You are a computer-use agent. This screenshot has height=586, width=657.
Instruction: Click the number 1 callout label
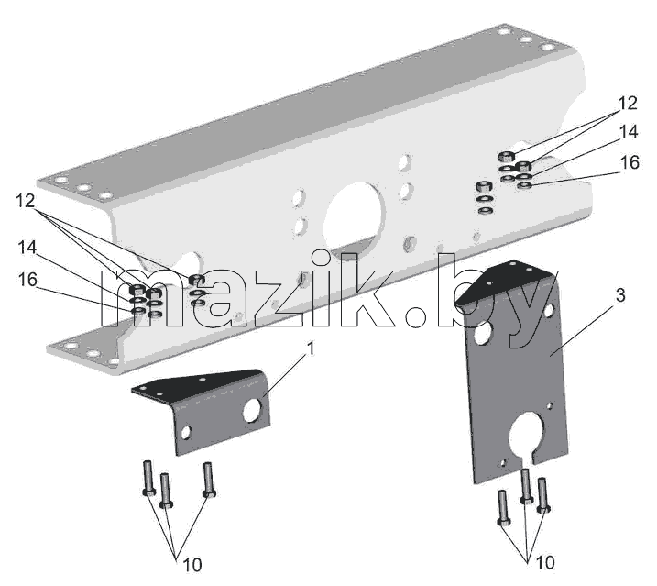pos(311,348)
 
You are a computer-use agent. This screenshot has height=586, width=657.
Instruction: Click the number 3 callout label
pos(620,295)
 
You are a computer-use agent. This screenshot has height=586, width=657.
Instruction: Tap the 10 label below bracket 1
pos(192,565)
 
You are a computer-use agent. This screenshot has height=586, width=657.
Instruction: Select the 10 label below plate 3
pos(545,562)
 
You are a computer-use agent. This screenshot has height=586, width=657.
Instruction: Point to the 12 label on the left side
pos(25,201)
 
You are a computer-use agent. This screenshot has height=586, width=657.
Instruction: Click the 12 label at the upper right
pos(628,104)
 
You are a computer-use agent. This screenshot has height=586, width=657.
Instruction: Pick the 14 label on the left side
pos(27,247)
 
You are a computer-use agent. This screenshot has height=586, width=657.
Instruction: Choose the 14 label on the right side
pos(629,132)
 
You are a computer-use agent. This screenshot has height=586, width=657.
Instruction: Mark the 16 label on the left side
pos(27,279)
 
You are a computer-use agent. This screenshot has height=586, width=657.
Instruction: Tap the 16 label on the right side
pos(630,162)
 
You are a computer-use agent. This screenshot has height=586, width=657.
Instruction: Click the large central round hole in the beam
pos(355,217)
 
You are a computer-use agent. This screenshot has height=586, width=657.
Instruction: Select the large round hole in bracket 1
pos(252,410)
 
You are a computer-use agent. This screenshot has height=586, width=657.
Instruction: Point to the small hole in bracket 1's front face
pos(185,432)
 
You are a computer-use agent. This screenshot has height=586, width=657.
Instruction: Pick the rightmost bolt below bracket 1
pos(209,480)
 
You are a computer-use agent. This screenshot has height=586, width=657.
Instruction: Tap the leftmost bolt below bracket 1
pos(148,478)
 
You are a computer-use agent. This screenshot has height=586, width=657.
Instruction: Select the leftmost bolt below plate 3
pos(503,508)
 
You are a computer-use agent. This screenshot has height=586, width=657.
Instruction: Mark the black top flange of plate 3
pos(503,281)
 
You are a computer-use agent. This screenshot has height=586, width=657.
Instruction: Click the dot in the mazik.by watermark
pos(417,316)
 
